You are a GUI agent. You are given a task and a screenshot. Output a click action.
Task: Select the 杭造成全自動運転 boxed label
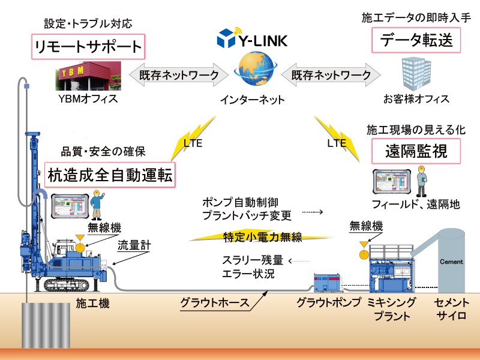click(x=110, y=175)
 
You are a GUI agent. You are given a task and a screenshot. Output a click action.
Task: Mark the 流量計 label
click(x=131, y=244)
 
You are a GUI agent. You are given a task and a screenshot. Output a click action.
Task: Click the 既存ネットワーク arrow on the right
click(x=331, y=75)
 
